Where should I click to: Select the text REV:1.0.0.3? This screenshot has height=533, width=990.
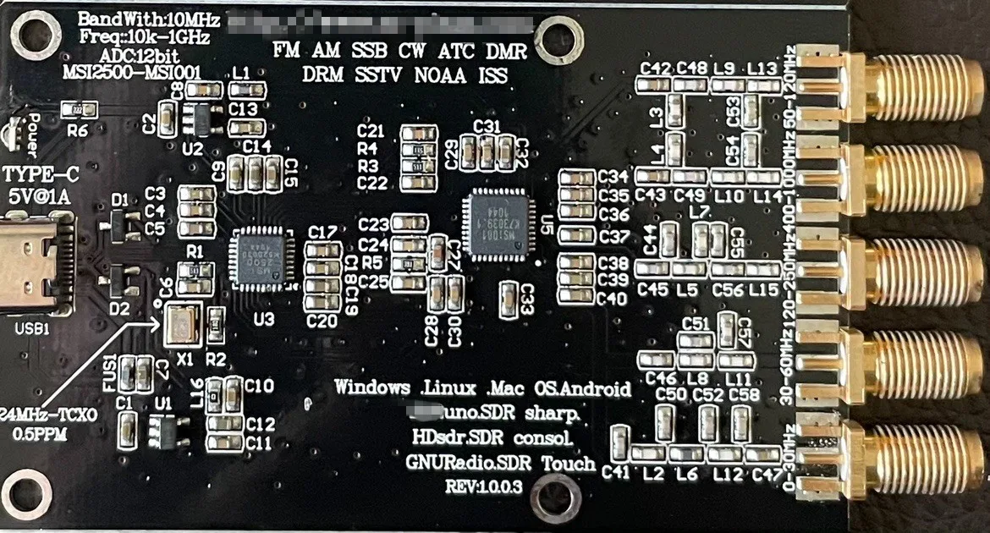pos(483,486)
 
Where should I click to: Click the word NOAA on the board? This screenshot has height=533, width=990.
pos(440,75)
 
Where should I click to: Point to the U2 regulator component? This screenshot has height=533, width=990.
pos(199,118)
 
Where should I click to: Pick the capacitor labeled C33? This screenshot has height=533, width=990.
pos(509,300)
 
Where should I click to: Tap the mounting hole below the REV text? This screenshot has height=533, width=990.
pos(554,497)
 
